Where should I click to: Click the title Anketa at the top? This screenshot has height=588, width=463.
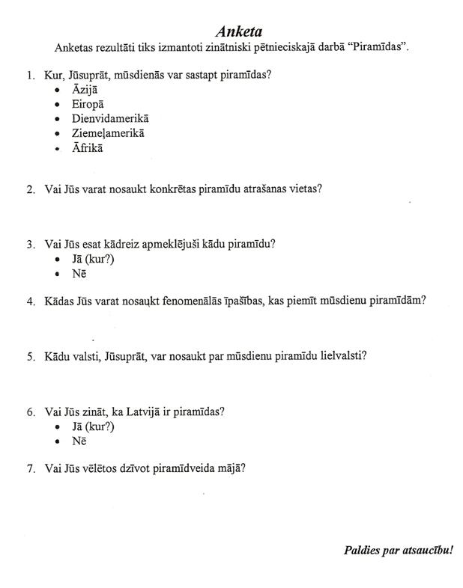click(x=239, y=32)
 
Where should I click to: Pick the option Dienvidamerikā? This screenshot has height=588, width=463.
click(x=111, y=119)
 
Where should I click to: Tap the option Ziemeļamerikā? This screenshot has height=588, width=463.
click(x=108, y=133)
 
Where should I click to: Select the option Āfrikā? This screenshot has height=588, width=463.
click(x=88, y=147)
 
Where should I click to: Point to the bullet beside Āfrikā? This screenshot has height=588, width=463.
click(x=58, y=148)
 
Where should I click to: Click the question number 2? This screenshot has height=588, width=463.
click(x=30, y=189)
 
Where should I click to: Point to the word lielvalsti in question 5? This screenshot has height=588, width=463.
click(x=342, y=356)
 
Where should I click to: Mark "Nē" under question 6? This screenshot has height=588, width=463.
click(x=79, y=441)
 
